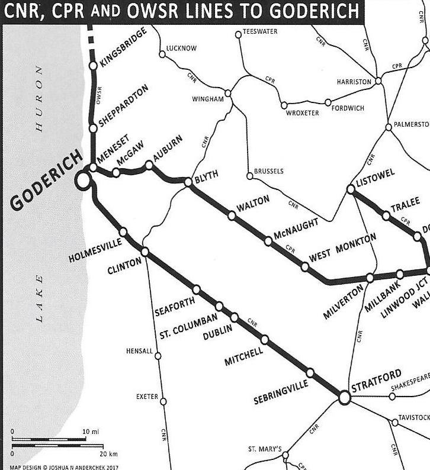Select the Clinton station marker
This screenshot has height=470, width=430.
point(145,253)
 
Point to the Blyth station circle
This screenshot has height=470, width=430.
point(188,182)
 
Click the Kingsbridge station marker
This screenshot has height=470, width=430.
point(92,65)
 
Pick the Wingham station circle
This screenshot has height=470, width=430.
point(227,94)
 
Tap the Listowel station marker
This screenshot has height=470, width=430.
point(350,189)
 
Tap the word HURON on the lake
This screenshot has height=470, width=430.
point(40,98)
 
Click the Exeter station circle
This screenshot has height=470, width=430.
point(163,401)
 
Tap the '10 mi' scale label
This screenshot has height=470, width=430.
point(91,432)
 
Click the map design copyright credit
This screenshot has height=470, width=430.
point(64,466)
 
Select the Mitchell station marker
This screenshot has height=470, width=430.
point(265,340)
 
